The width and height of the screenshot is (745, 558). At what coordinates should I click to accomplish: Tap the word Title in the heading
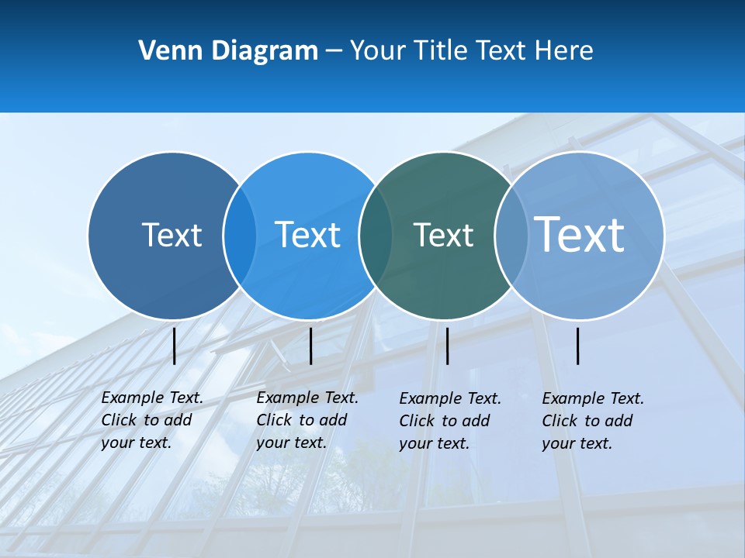440,51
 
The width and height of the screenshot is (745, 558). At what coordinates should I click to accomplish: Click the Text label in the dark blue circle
172,234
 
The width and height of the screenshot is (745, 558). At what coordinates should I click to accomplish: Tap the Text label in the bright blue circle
307,234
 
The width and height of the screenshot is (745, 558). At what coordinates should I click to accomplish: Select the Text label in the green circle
443,235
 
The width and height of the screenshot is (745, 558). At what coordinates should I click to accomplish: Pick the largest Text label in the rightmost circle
580,234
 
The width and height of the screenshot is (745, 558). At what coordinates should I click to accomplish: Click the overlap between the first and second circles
240,235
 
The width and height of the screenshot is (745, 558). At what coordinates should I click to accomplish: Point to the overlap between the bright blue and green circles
376,235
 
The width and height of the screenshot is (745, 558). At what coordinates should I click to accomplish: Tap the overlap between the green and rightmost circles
511,235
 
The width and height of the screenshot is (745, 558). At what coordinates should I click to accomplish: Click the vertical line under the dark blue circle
175,346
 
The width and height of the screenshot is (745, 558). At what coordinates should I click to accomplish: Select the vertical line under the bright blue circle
310,346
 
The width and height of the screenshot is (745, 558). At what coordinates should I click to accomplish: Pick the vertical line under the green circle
448,346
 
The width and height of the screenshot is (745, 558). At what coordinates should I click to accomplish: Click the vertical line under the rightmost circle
578,346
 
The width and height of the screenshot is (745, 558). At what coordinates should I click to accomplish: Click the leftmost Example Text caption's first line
152,398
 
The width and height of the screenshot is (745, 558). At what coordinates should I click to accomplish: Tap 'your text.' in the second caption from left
291,443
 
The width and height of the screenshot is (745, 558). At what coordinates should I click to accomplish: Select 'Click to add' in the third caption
445,421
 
